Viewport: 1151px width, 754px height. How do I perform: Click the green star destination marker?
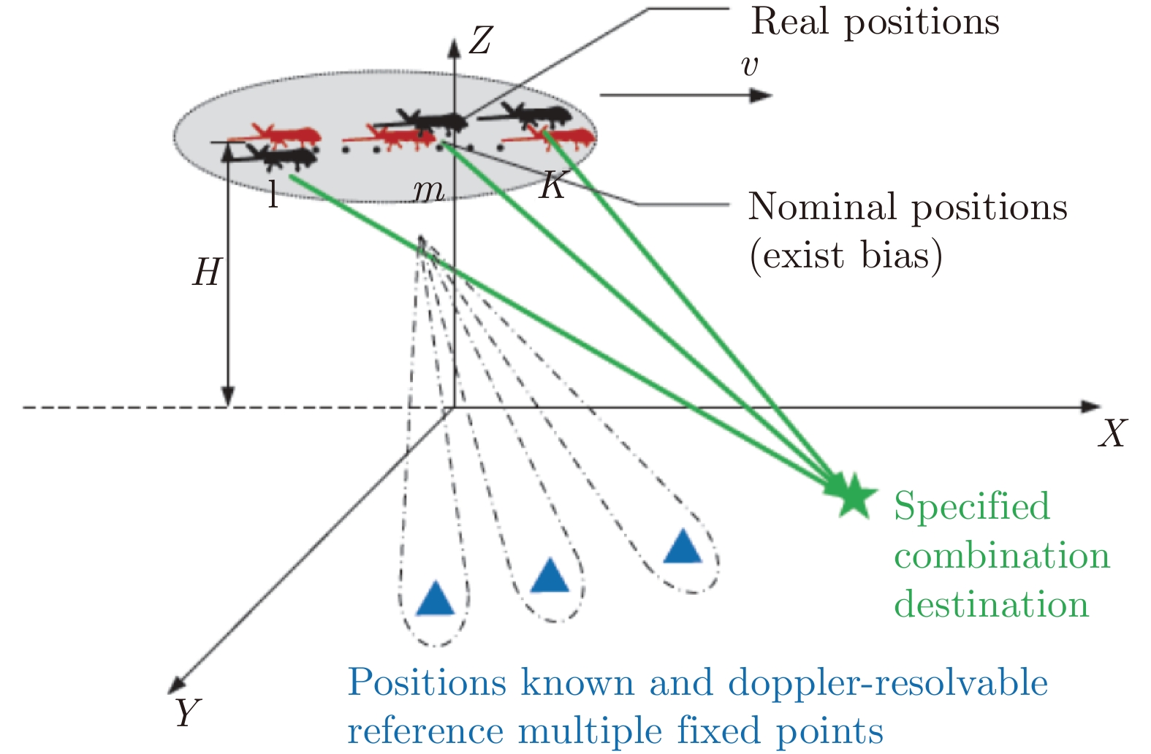(852, 495)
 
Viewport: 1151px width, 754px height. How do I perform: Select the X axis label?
(1112, 433)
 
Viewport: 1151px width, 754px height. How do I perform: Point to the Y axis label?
(188, 712)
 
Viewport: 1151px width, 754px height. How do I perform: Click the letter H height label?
(207, 273)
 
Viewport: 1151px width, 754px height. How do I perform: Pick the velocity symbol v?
(749, 66)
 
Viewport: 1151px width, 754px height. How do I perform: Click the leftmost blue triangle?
(436, 599)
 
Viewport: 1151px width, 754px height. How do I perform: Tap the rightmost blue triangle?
(683, 547)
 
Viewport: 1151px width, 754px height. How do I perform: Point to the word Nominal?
(821, 207)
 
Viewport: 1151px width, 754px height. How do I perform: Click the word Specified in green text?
(971, 506)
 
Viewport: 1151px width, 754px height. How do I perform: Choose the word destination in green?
(991, 605)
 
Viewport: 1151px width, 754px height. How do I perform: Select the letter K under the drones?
(552, 186)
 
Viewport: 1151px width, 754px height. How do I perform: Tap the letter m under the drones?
(428, 191)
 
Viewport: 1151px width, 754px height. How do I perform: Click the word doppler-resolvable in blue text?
(888, 684)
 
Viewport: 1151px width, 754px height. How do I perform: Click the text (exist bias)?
(846, 256)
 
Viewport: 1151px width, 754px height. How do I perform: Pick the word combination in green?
(1002, 556)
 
